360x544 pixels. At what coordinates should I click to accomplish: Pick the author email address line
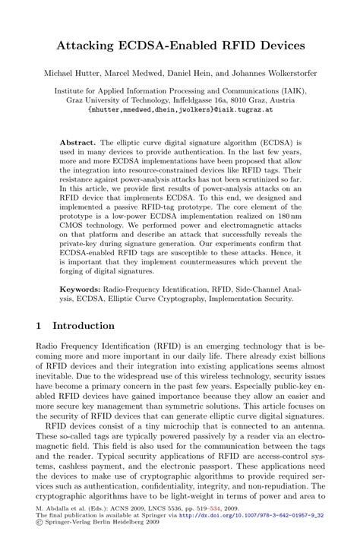click(x=179, y=109)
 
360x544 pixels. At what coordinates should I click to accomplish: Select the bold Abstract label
click(x=78, y=142)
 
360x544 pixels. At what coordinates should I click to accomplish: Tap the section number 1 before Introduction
click(x=39, y=326)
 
